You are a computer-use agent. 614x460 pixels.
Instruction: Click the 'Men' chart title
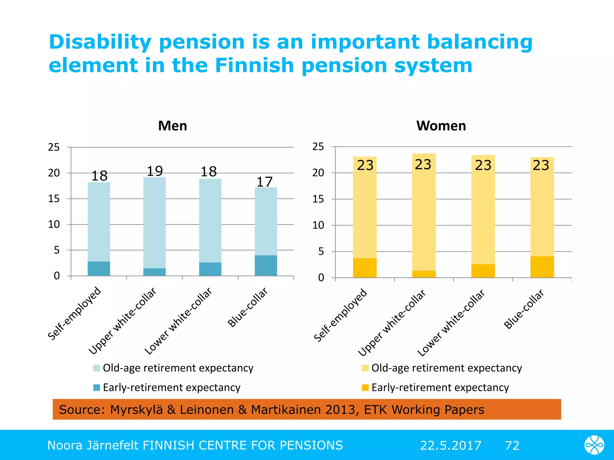172,126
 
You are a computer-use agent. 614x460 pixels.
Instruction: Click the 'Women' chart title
441,126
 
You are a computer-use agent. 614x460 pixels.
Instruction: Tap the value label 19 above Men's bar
155,171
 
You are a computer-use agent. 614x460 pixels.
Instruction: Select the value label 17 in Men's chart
264,182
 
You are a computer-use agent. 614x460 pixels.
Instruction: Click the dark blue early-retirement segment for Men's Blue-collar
266,265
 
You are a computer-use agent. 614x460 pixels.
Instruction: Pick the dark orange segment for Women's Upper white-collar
424,274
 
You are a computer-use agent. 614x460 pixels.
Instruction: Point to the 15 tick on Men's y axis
54,199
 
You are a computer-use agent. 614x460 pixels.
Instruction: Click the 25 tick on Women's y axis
318,147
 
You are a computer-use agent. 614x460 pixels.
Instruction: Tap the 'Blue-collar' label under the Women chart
524,309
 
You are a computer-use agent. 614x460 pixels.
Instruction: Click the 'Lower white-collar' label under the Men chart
178,321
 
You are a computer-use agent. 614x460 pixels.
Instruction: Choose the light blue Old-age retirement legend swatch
97,368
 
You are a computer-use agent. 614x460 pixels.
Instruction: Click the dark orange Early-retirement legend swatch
365,388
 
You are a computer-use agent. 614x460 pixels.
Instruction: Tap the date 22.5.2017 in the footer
450,445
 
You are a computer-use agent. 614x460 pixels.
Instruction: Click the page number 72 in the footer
512,445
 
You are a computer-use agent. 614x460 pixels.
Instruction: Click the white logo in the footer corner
594,445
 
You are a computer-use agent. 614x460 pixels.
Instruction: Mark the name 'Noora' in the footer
65,445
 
